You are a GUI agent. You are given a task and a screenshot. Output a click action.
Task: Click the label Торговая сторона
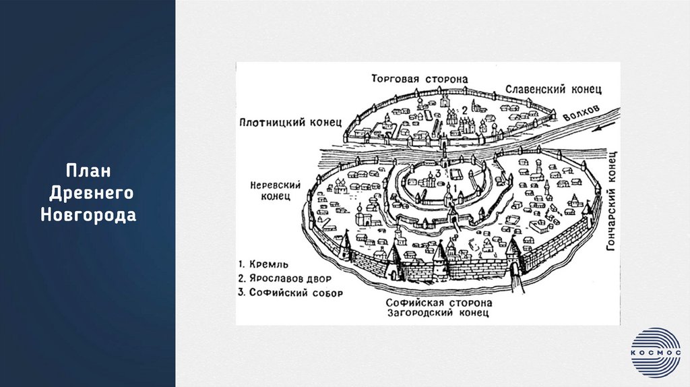418,79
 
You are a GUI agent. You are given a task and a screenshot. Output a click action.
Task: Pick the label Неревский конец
272,189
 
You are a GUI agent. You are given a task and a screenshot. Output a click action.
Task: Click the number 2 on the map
464,110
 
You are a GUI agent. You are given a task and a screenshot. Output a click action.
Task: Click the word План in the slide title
88,169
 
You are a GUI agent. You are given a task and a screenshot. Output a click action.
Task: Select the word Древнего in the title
92,193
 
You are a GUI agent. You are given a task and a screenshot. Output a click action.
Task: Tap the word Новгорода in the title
88,216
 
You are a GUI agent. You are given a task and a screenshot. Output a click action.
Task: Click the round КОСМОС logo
655,352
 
